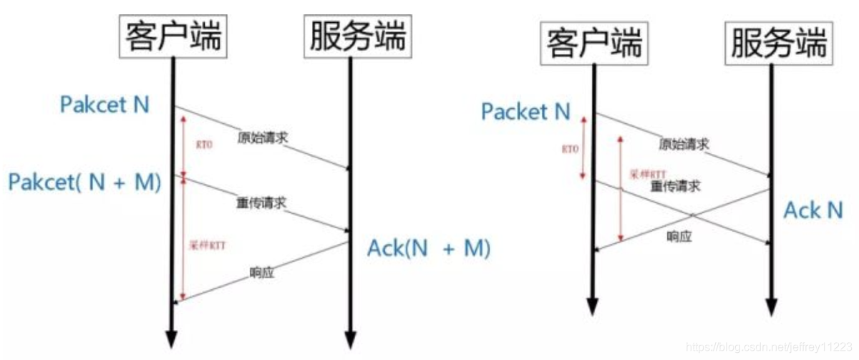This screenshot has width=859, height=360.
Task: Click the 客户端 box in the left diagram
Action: pyautogui.click(x=173, y=34)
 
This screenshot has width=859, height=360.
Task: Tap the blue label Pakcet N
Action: pyautogui.click(x=105, y=104)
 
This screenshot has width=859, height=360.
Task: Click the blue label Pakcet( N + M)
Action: pyautogui.click(x=84, y=182)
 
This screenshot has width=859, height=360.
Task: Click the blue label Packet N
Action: pyautogui.click(x=525, y=112)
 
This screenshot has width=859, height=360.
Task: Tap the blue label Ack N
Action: pyautogui.click(x=813, y=210)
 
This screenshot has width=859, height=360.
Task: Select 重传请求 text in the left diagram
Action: pyautogui.click(x=261, y=203)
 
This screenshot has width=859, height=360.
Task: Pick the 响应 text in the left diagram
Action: pyautogui.click(x=262, y=272)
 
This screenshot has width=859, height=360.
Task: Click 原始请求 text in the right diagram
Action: pyautogui.click(x=684, y=144)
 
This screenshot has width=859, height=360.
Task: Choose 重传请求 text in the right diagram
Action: pyautogui.click(x=675, y=186)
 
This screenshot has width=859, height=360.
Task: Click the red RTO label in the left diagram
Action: pyautogui.click(x=203, y=143)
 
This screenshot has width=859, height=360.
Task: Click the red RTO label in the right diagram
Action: pyautogui.click(x=570, y=150)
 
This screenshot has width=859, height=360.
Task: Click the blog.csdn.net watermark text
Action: pyautogui.click(x=770, y=346)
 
